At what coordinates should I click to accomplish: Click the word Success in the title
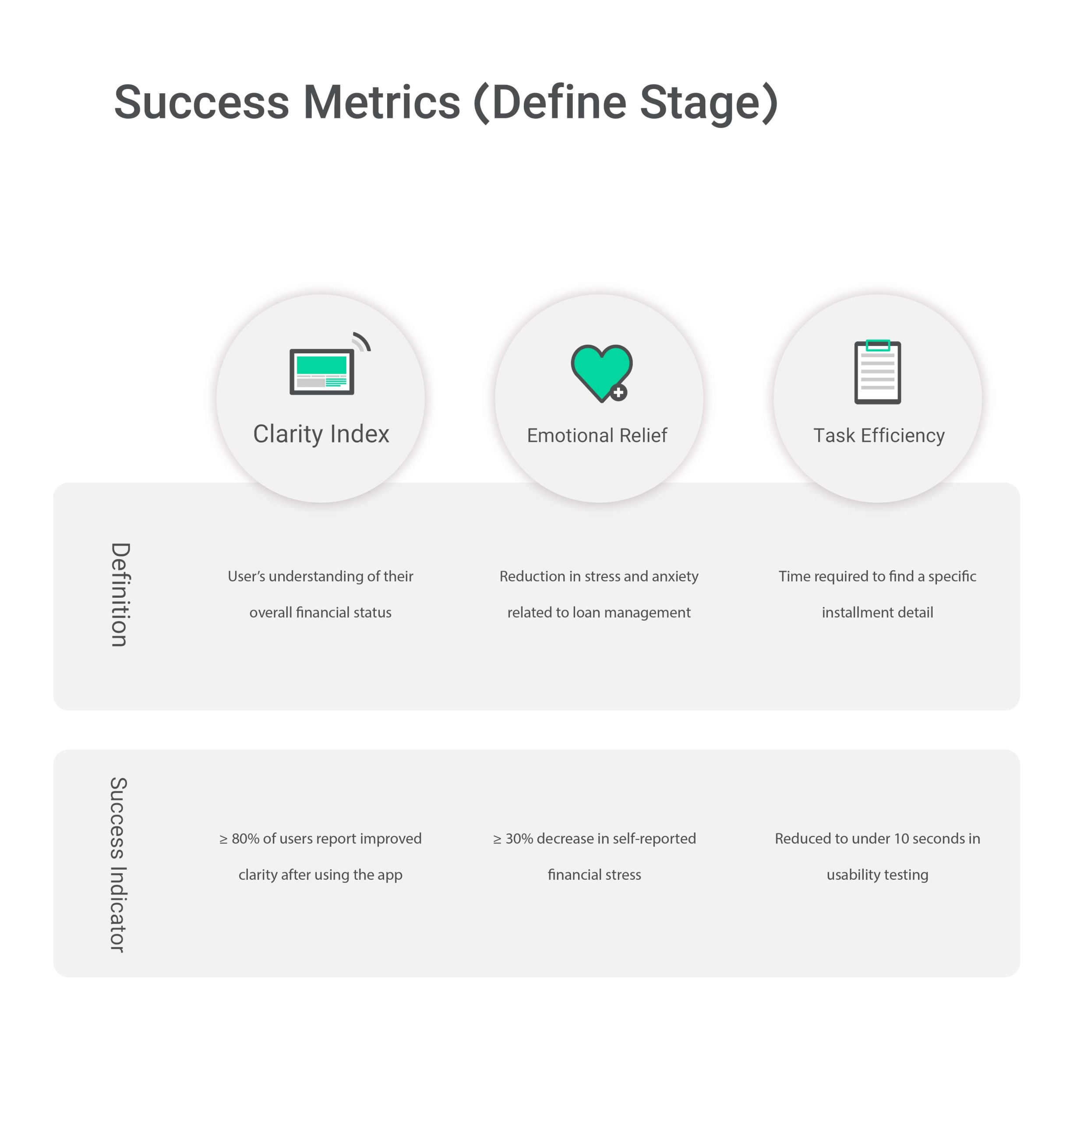click(201, 102)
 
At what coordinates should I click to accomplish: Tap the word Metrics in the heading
click(381, 102)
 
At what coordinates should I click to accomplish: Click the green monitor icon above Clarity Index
click(321, 371)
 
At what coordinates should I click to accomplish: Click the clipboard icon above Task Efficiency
click(878, 372)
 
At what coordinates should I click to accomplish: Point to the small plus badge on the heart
click(618, 393)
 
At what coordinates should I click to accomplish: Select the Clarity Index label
click(321, 434)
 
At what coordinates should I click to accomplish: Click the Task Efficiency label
click(879, 436)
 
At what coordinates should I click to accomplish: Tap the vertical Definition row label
click(120, 595)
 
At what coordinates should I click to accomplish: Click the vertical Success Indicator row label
click(118, 864)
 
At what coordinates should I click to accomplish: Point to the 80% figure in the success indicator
click(245, 839)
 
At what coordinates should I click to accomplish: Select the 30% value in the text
click(519, 839)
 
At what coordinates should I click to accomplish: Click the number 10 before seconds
click(901, 839)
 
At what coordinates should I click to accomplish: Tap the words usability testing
click(878, 875)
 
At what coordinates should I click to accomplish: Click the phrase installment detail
click(878, 613)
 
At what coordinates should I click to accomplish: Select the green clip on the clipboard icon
click(878, 345)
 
